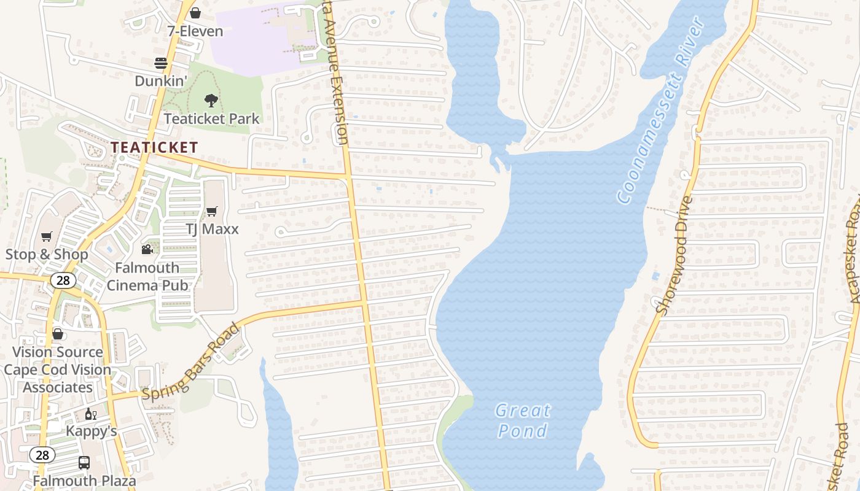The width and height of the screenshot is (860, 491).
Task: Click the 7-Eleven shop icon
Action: (x=195, y=12)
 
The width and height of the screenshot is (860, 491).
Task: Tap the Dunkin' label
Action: (x=161, y=81)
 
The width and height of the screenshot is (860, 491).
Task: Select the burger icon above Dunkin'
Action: (x=161, y=63)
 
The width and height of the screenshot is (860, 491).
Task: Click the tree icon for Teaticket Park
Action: (x=211, y=100)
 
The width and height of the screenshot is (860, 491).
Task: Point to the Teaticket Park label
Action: (x=212, y=118)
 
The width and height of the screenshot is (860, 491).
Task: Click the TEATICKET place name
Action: (x=154, y=147)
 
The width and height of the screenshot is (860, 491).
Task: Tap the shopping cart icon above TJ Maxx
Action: (x=212, y=211)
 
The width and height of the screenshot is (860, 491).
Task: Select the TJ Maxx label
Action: (x=212, y=229)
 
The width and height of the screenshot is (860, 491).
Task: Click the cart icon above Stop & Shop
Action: (x=47, y=236)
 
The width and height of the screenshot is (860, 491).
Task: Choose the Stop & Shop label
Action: (x=47, y=254)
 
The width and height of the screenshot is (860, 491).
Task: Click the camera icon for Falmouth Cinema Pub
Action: (x=147, y=249)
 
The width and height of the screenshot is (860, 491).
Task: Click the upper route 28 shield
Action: (x=63, y=280)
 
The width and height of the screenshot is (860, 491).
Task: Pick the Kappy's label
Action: (x=92, y=431)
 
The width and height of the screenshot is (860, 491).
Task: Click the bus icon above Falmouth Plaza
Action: (x=84, y=463)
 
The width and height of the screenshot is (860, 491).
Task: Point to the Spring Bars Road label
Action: (x=190, y=363)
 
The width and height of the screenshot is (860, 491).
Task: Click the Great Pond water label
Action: (x=523, y=420)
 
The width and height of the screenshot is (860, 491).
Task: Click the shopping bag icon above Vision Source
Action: (x=58, y=334)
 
